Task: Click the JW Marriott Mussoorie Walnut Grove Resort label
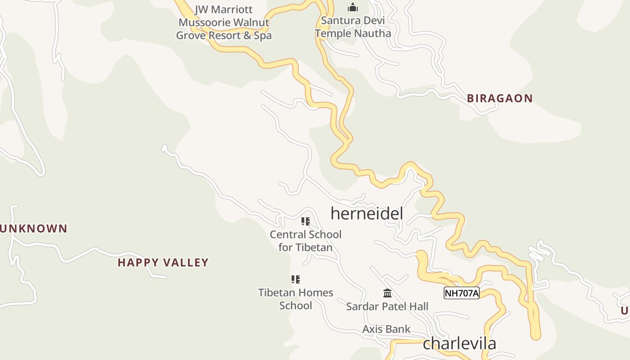pos(224,22)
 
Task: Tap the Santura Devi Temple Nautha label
pos(353,27)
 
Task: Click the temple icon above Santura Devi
pos(353,7)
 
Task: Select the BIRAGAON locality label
pos(499,99)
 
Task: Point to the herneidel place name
pos(367,213)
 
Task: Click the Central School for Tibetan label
pos(306,241)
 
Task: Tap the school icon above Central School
pos(306,221)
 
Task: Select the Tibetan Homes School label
pos(296,299)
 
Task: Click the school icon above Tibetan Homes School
pos(296,279)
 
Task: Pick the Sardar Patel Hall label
pos(387,306)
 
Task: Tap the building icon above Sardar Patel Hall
pos(387,293)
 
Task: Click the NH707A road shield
pos(461,293)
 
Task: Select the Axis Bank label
pos(386,329)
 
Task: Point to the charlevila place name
pos(459,343)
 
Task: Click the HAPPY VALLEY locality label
pos(163,262)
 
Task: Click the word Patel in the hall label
pos(391,306)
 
